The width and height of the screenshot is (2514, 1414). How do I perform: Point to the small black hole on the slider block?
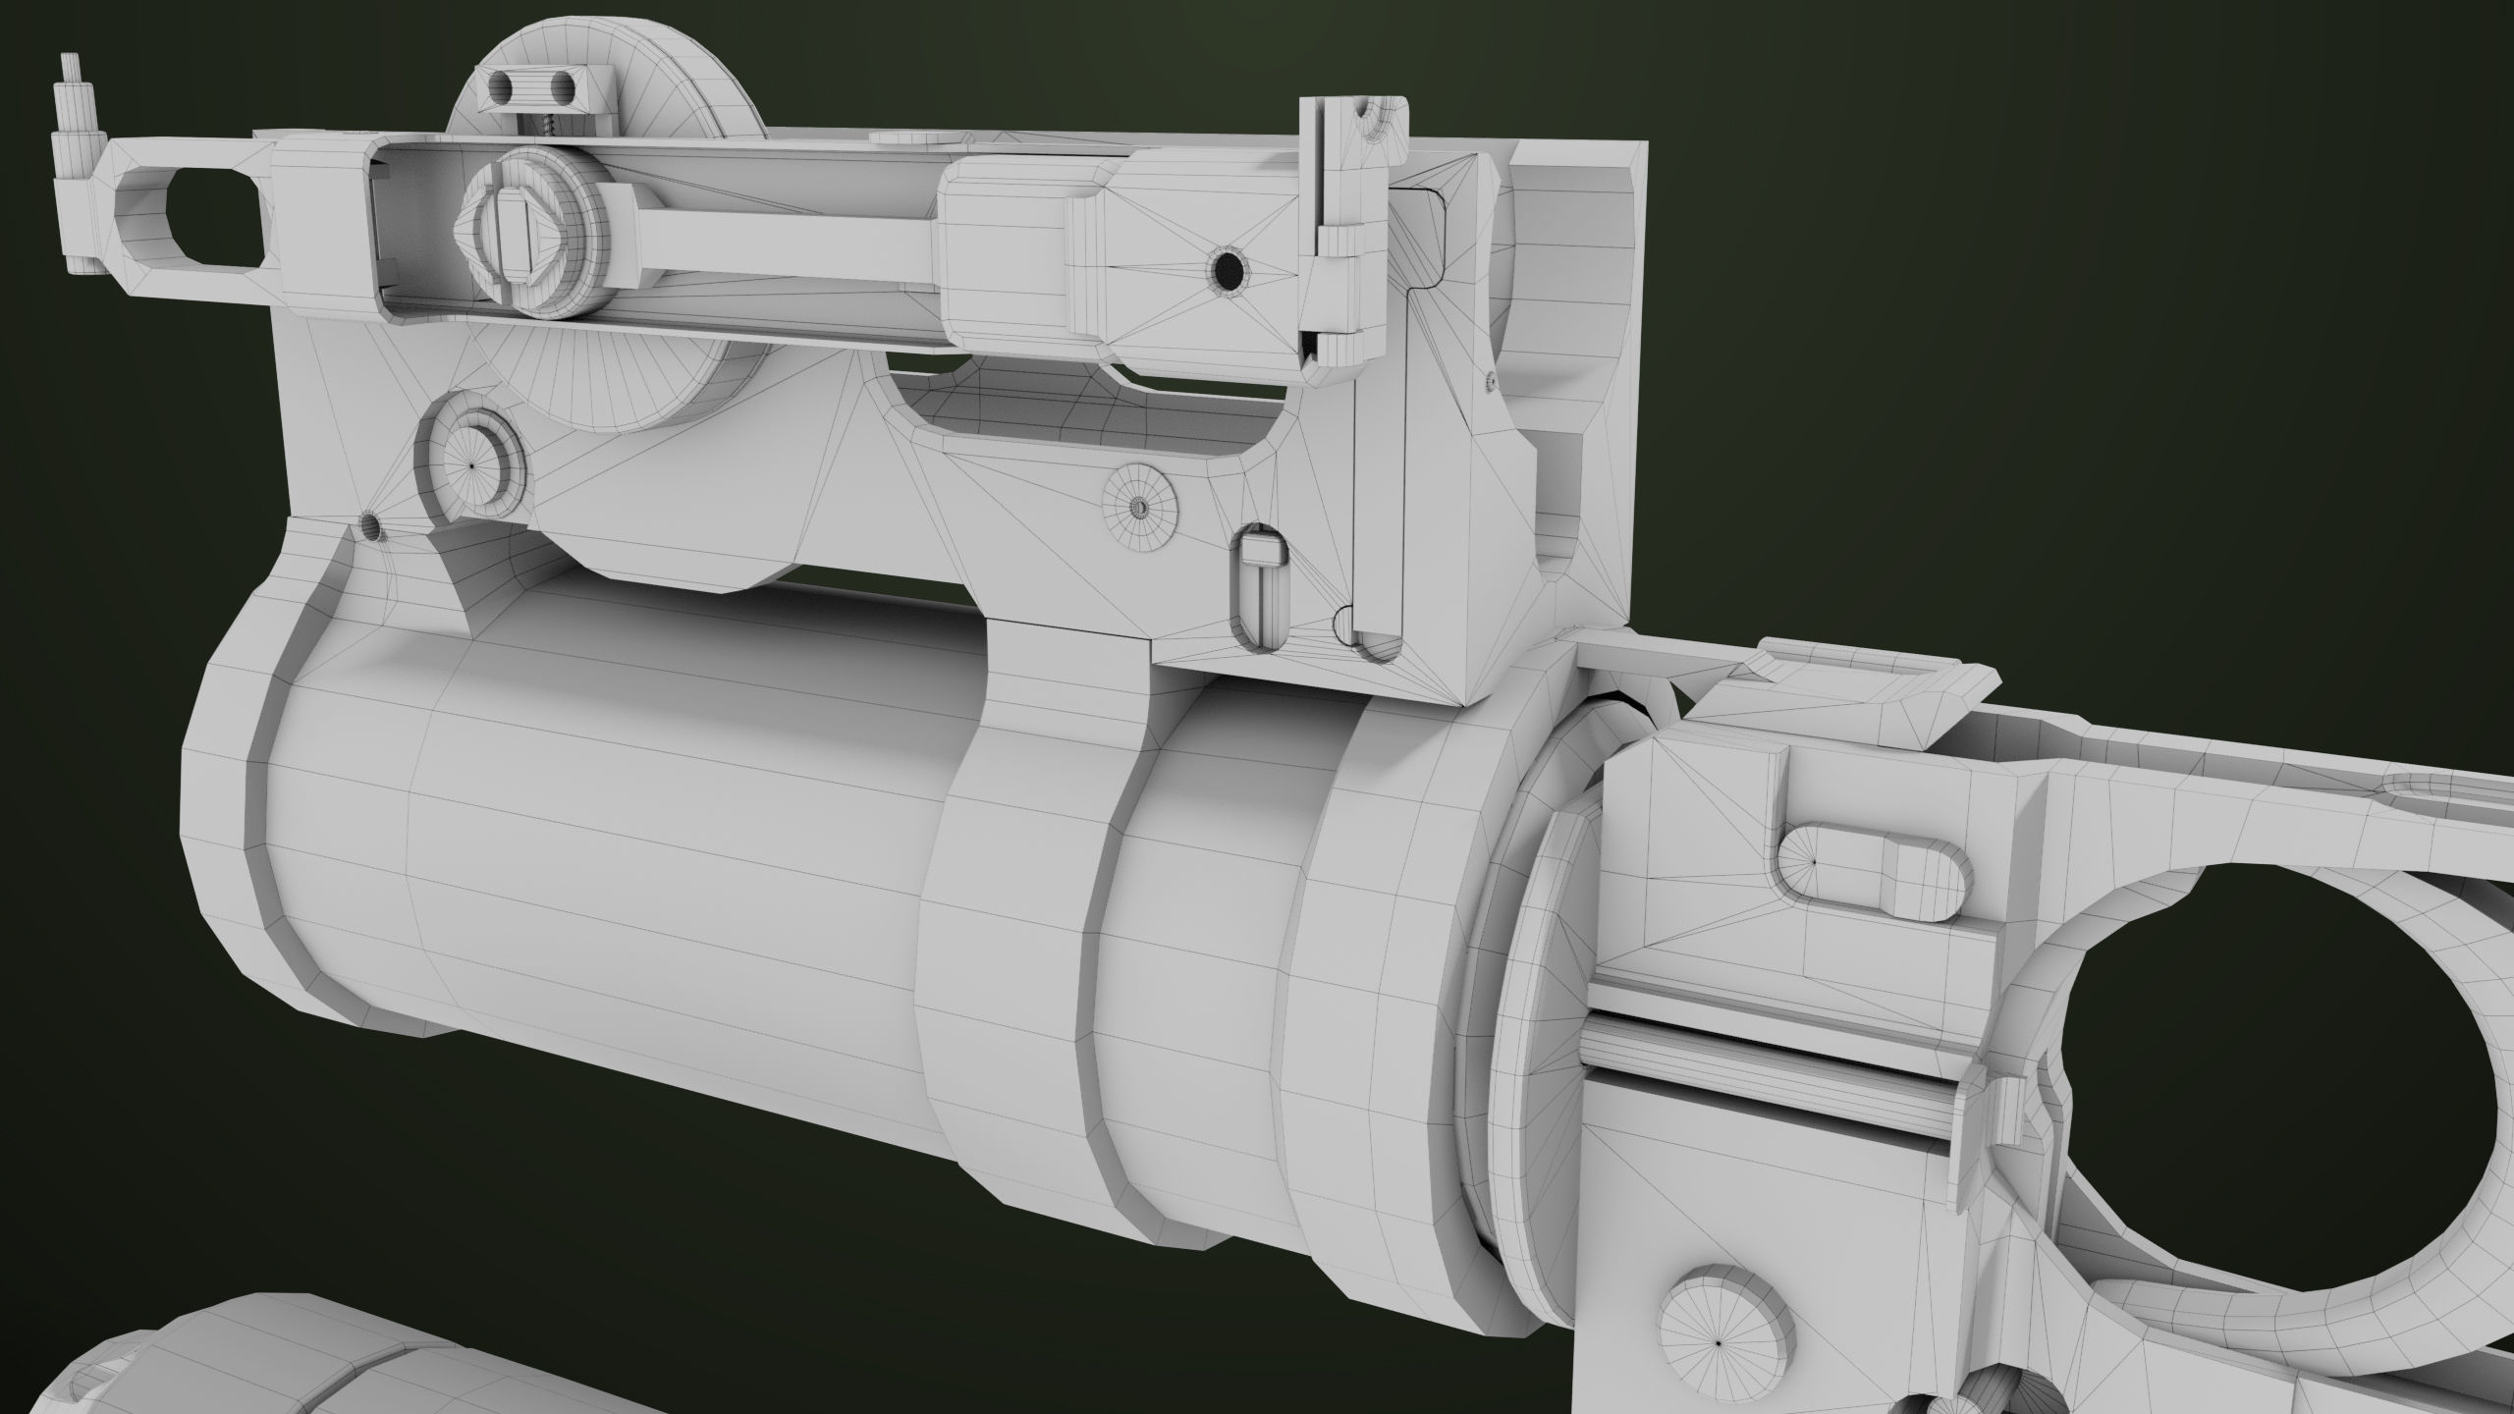pos(1228,268)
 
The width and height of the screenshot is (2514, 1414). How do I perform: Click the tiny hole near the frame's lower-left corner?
pos(371,526)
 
